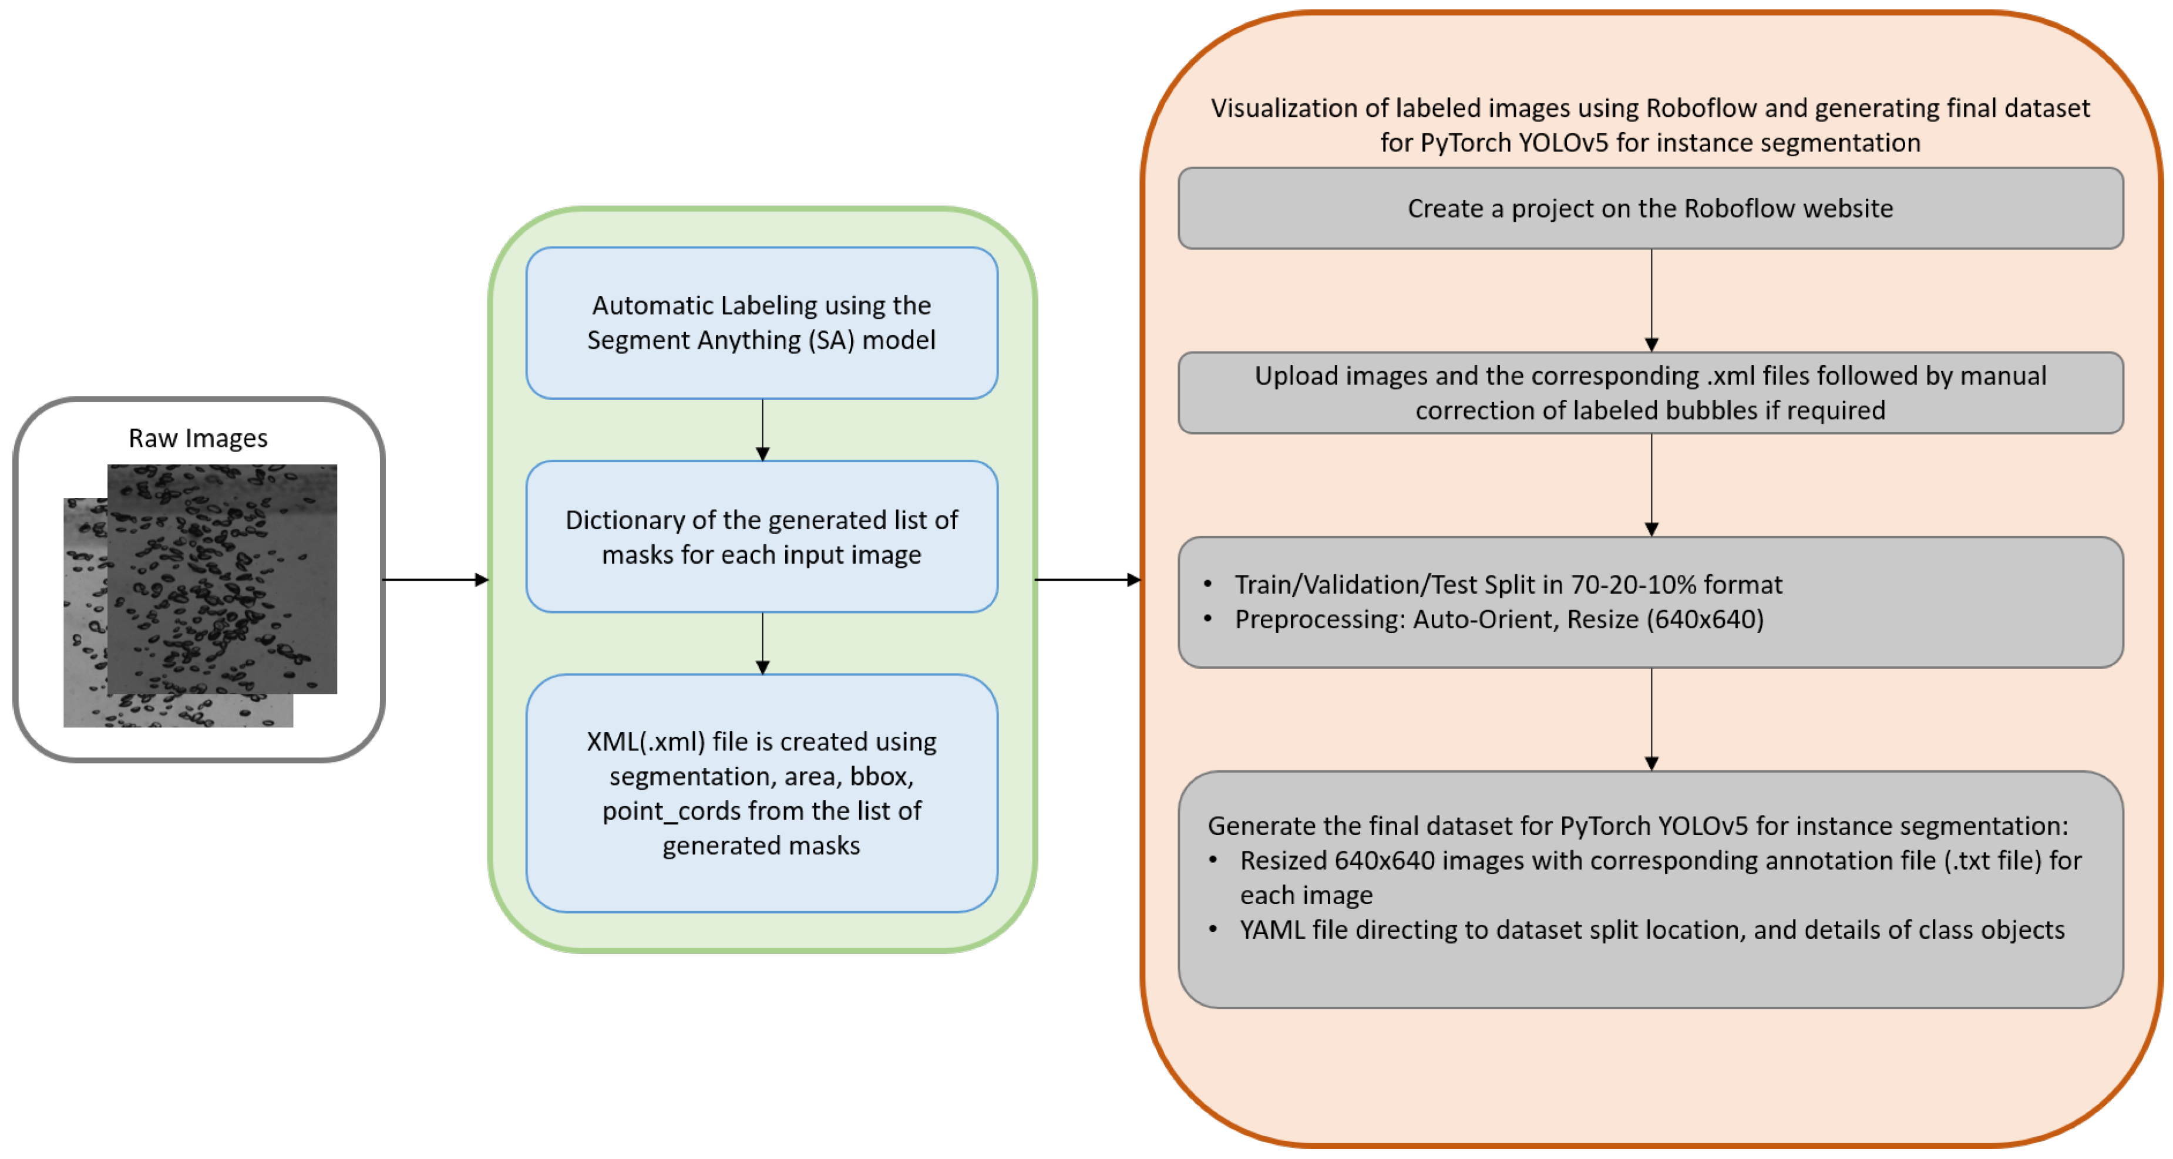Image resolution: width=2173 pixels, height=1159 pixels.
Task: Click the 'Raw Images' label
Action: (197, 438)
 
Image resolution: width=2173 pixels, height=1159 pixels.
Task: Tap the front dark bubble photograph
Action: (222, 579)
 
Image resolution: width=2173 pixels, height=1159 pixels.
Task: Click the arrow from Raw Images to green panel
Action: (435, 579)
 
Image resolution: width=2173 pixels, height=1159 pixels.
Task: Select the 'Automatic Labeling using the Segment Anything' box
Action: (761, 322)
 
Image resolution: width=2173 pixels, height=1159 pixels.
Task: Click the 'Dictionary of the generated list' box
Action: (761, 537)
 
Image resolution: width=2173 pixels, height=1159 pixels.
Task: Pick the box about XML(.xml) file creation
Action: (761, 792)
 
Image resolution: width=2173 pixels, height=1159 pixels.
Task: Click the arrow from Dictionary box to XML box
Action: (762, 643)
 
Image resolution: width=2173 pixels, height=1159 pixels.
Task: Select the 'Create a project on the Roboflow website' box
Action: (1650, 208)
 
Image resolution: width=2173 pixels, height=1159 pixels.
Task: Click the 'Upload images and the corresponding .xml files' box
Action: (1650, 393)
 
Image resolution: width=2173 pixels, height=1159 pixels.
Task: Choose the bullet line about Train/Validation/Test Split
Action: (1508, 585)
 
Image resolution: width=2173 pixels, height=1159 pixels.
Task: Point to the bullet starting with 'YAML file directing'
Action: (1651, 929)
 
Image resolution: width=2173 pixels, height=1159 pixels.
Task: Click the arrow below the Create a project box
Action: (1651, 299)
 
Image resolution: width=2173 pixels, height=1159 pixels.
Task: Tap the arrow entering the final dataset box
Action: (1651, 719)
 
